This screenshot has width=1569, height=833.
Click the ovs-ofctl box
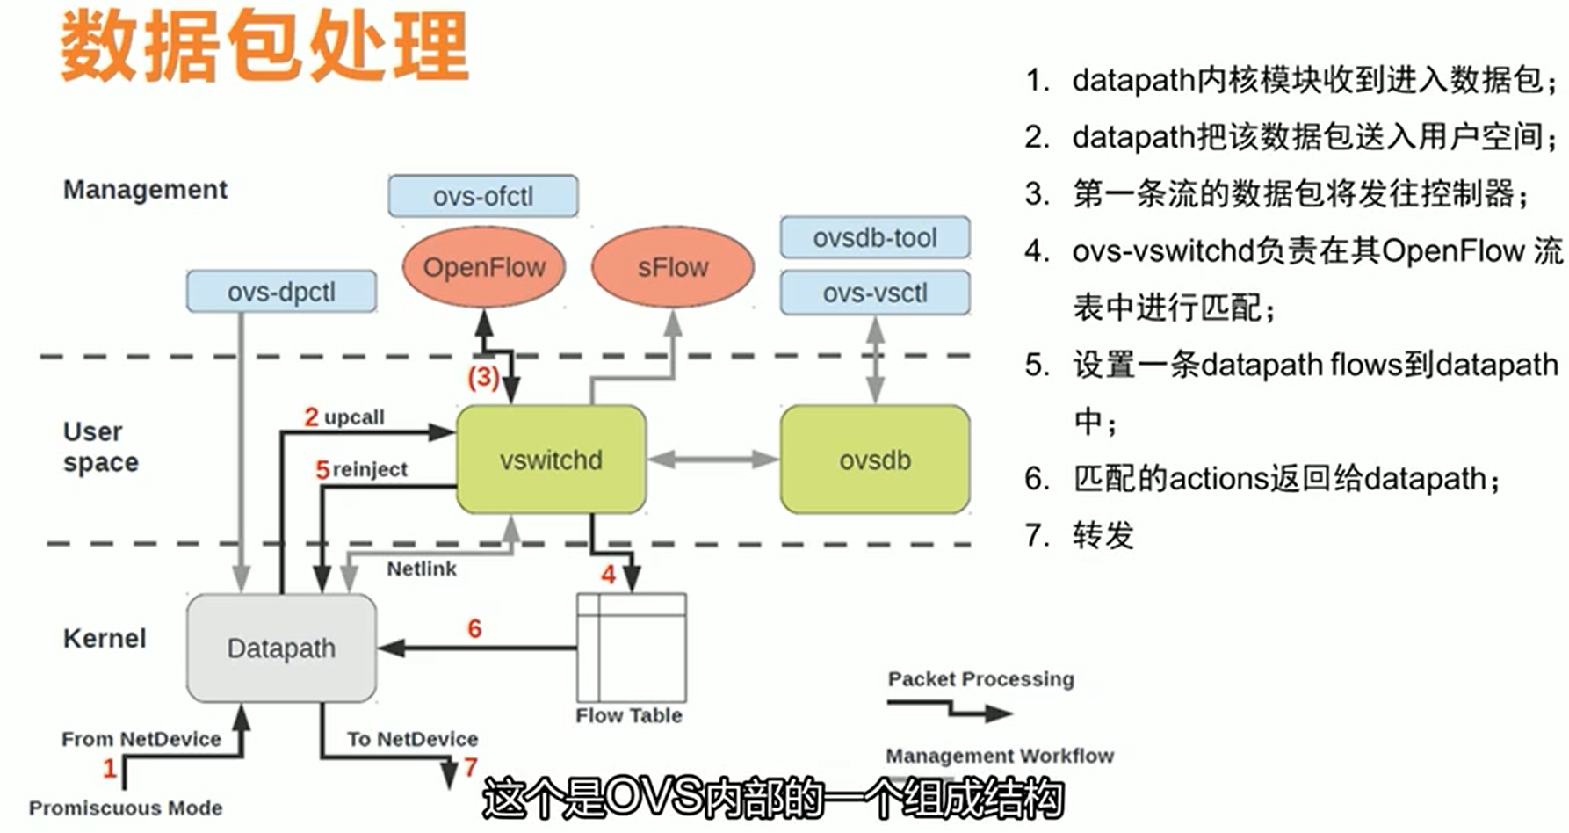pyautogui.click(x=483, y=196)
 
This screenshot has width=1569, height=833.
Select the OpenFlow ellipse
pyautogui.click(x=484, y=267)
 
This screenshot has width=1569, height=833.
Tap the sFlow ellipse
pyautogui.click(x=672, y=267)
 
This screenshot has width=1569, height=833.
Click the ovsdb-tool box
pyautogui.click(x=875, y=237)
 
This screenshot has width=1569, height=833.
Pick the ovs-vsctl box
pyautogui.click(x=875, y=293)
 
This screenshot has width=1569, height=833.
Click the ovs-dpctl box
pyautogui.click(x=281, y=292)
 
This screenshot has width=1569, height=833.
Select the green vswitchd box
pyautogui.click(x=551, y=460)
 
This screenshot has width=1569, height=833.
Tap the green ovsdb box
pyautogui.click(x=875, y=460)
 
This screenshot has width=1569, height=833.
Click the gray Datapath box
pyautogui.click(x=281, y=648)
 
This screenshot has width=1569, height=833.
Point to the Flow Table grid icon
pyautogui.click(x=631, y=648)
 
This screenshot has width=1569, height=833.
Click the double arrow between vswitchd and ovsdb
pyautogui.click(x=712, y=459)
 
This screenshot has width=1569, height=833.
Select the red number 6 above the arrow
pyautogui.click(x=474, y=628)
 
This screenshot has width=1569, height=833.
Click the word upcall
pyautogui.click(x=354, y=417)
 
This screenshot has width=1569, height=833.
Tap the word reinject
pyautogui.click(x=370, y=469)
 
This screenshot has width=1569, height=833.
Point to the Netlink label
pyautogui.click(x=422, y=569)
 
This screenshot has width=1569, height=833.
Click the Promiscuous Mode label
pyautogui.click(x=126, y=808)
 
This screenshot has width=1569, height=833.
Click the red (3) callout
pyautogui.click(x=483, y=378)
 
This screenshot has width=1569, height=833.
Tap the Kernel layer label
pyautogui.click(x=105, y=638)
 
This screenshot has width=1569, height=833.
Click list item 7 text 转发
pyautogui.click(x=1103, y=535)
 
